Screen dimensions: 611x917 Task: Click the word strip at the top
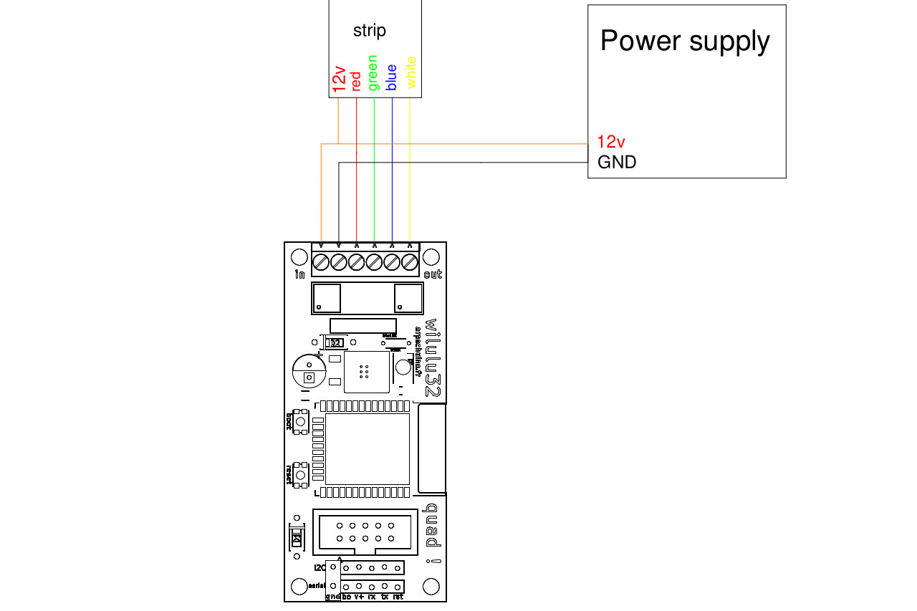tap(370, 31)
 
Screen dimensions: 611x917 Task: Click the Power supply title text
tap(685, 41)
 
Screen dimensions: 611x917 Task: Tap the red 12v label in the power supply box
tap(612, 142)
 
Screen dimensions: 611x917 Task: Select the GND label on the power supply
tap(617, 163)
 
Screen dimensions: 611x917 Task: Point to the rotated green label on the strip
tap(373, 73)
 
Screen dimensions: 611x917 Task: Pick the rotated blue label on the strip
tap(391, 78)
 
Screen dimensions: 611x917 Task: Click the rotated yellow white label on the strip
tap(411, 72)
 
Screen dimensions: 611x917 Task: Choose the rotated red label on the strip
tap(356, 80)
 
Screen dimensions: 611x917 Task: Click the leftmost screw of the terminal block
tap(321, 262)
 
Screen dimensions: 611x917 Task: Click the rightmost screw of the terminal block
tap(410, 262)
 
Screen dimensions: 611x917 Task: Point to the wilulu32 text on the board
tap(433, 358)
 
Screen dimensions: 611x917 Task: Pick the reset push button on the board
tap(300, 475)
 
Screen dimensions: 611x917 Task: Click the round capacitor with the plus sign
tap(309, 372)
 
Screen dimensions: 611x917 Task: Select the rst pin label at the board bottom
tap(398, 596)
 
